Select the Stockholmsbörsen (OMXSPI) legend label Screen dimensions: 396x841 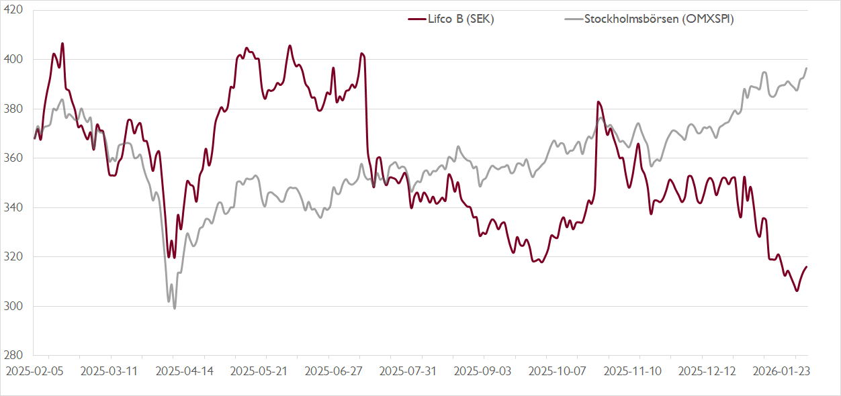pyautogui.click(x=658, y=19)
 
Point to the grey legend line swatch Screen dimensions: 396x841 pyautogui.click(x=573, y=19)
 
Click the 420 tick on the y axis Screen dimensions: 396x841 pyautogui.click(x=14, y=10)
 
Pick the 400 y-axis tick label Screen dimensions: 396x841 pyautogui.click(x=14, y=60)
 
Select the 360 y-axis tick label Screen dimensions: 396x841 pyautogui.click(x=14, y=158)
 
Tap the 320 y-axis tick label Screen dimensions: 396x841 pyautogui.click(x=14, y=257)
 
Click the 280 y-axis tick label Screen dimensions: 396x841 pyautogui.click(x=14, y=356)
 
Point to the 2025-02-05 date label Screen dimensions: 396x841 pyautogui.click(x=34, y=370)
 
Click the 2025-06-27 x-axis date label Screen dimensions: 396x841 pyautogui.click(x=334, y=370)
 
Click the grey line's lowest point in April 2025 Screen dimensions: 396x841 pyautogui.click(x=175, y=308)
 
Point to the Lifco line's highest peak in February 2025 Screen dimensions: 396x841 pyautogui.click(x=62, y=44)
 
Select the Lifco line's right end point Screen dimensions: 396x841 pyautogui.click(x=807, y=266)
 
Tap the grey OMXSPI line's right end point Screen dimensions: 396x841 pyautogui.click(x=807, y=68)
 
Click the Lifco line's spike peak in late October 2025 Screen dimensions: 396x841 pyautogui.click(x=598, y=102)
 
